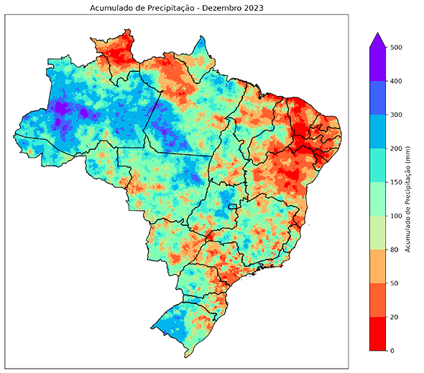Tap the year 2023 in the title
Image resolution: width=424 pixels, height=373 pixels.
click(x=252, y=9)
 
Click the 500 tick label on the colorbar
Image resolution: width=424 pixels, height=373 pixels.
click(x=395, y=47)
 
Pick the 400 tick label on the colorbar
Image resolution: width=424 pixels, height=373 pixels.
click(x=395, y=81)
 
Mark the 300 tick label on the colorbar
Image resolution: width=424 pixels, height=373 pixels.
click(x=395, y=115)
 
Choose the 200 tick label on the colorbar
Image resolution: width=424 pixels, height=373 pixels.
click(x=395, y=148)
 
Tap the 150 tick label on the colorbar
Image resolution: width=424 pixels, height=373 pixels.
click(x=395, y=182)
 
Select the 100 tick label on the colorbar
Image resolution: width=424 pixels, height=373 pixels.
click(x=395, y=216)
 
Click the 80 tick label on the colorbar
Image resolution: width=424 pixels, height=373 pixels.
click(x=394, y=250)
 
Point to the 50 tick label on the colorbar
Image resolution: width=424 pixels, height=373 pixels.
click(x=394, y=283)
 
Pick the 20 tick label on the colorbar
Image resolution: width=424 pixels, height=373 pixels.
click(x=394, y=317)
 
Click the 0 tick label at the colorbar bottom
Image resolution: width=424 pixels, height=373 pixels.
click(x=392, y=350)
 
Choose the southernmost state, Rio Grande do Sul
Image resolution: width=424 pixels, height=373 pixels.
click(x=183, y=320)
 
